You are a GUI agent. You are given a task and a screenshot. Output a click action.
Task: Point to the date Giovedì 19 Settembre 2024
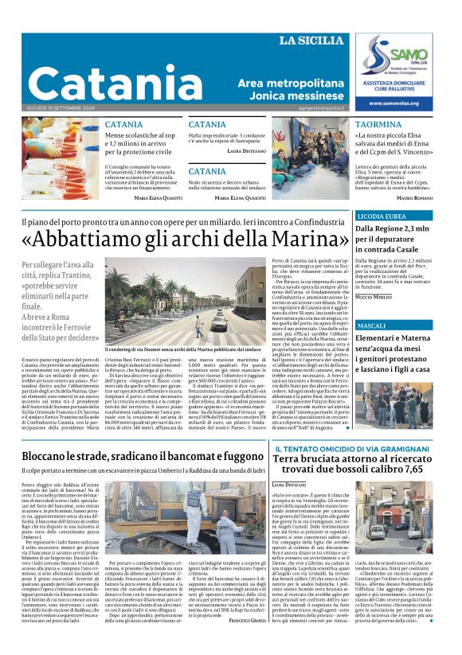pyautogui.click(x=60, y=108)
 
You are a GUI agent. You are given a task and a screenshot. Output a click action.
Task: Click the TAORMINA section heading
pyautogui.click(x=378, y=126)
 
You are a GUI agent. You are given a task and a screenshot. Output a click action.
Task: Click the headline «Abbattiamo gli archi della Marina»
pyautogui.click(x=186, y=237)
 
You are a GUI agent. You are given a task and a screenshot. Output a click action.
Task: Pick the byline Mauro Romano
pyautogui.click(x=415, y=197)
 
